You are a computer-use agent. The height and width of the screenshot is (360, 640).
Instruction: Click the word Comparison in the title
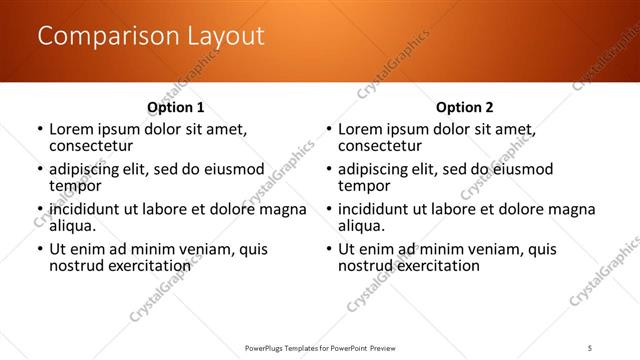[101, 37]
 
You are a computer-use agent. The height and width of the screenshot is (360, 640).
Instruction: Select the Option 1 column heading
[176, 107]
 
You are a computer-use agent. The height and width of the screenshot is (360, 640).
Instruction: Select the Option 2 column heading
[465, 107]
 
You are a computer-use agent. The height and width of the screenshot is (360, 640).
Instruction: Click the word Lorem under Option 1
[73, 129]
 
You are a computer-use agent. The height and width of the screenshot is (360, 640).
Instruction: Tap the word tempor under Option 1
[75, 186]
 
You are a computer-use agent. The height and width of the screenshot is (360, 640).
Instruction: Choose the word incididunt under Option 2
[379, 209]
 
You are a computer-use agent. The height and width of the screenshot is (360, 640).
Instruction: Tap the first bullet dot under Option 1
[40, 130]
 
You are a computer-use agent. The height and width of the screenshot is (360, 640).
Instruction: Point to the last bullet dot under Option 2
[328, 250]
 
